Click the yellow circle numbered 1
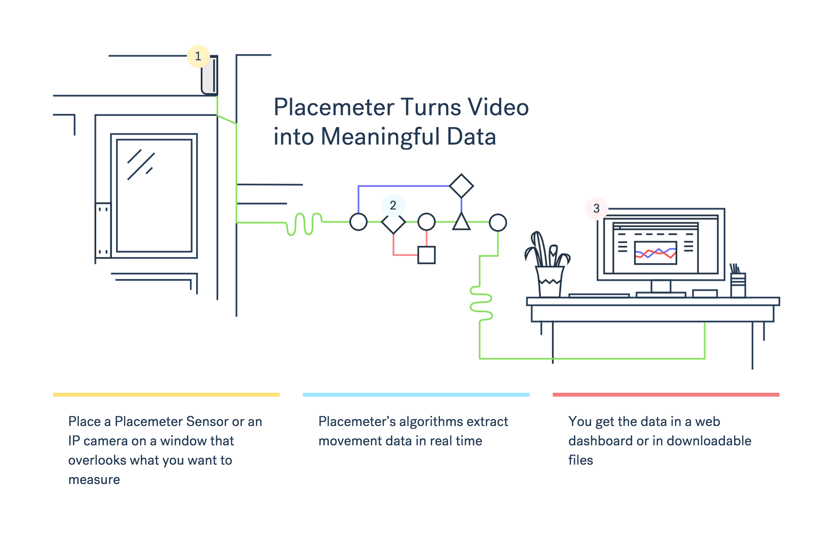click(x=198, y=56)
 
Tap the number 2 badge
click(x=393, y=205)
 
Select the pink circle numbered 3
click(x=596, y=208)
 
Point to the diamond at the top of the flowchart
click(x=461, y=186)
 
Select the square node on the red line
click(x=426, y=255)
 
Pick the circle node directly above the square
click(x=426, y=222)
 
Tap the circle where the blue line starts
click(x=358, y=222)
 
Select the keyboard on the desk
click(x=599, y=296)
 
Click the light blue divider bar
click(x=416, y=395)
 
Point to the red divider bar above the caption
click(x=666, y=395)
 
